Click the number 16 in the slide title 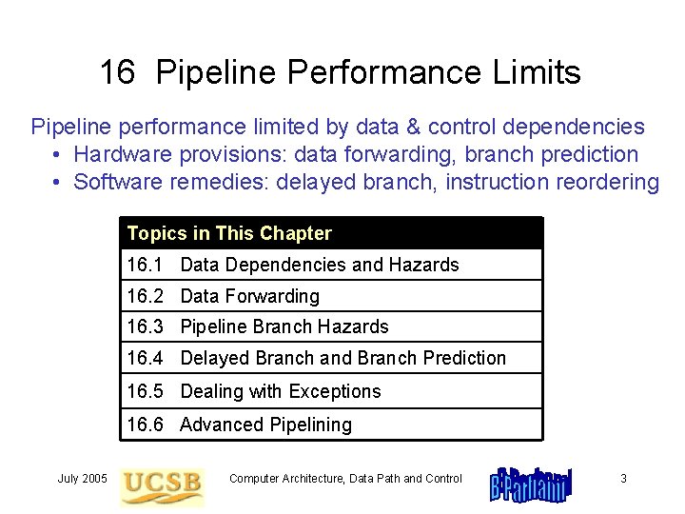117,72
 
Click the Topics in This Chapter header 229,233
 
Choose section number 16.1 145,265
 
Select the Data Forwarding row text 249,296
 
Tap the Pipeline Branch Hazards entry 284,326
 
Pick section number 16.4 145,358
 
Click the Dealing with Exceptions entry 280,391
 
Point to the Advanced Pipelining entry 265,425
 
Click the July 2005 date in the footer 82,478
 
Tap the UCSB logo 163,484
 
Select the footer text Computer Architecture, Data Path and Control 345,478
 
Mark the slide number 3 623,478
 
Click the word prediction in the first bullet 592,154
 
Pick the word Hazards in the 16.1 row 424,265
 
